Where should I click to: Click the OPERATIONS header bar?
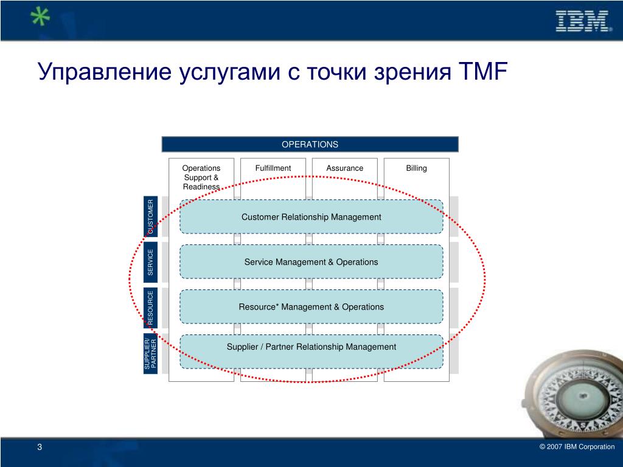coord(310,144)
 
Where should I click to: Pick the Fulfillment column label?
coord(273,168)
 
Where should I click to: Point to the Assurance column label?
coord(345,168)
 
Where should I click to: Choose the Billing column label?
coord(417,168)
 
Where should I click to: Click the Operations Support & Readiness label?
coord(201,177)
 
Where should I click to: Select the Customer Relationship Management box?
coord(311,217)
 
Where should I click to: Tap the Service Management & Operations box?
coord(311,262)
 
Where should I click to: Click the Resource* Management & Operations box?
coord(311,307)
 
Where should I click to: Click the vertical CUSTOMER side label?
coord(151,216)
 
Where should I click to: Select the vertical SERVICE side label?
coord(151,261)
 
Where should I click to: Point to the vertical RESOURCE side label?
coord(151,307)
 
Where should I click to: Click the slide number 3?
coord(40,448)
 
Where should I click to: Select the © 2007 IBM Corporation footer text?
coord(577,447)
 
